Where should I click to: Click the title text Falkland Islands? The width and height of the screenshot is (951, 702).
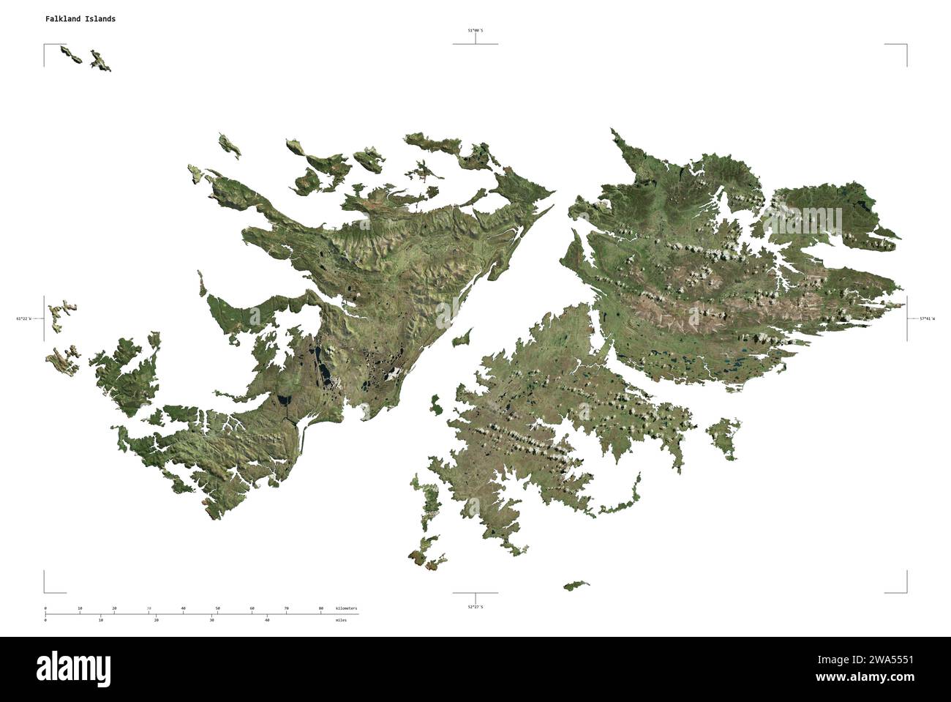click(x=80, y=19)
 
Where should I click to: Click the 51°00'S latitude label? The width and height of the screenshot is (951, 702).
click(x=475, y=31)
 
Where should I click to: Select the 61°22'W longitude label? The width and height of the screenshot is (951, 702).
click(x=23, y=318)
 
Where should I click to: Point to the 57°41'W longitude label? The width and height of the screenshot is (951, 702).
click(x=926, y=318)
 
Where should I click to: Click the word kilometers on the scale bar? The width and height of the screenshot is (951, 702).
click(x=347, y=608)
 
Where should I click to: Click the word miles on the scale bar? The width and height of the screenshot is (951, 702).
click(x=342, y=620)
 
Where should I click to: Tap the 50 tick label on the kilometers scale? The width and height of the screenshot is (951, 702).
click(x=217, y=608)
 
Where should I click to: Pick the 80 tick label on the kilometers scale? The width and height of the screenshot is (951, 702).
click(x=320, y=608)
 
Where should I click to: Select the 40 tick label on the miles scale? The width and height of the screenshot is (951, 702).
click(x=267, y=620)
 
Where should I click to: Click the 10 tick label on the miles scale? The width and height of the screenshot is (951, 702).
click(x=101, y=620)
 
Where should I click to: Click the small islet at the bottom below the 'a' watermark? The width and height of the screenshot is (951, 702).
click(x=576, y=585)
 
